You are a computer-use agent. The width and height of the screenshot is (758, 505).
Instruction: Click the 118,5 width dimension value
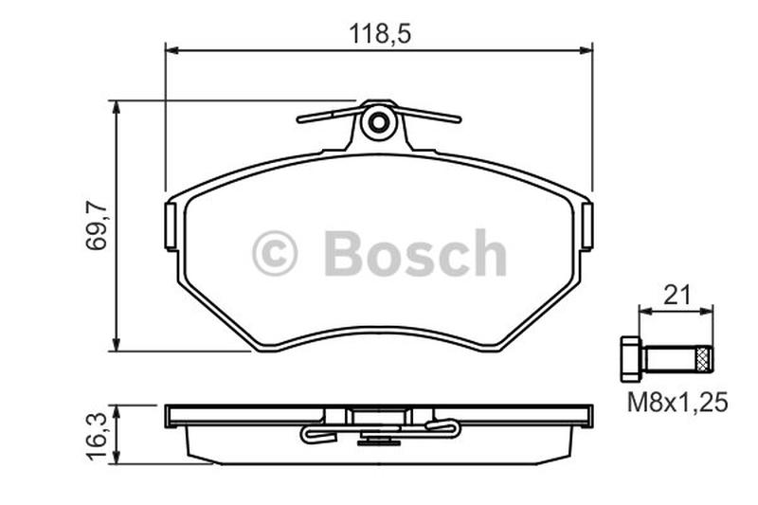pos(380,34)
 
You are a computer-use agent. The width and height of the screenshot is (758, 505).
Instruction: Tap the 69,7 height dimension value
pos(97,225)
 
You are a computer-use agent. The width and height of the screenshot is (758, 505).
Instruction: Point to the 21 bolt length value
pos(677,296)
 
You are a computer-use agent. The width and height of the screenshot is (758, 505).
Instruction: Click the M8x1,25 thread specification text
pos(677,403)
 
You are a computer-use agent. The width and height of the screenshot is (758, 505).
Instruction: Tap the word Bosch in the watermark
pos(415,253)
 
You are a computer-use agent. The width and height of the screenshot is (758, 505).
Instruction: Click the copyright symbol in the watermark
pos(274,253)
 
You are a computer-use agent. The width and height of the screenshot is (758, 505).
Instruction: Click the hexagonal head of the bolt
pos(629,359)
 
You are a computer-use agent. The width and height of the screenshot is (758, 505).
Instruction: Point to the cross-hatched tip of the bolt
pos(705,360)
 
